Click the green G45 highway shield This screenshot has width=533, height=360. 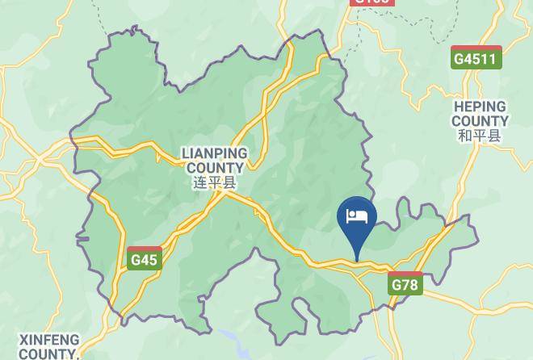145,258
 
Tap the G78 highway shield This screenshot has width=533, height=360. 405,283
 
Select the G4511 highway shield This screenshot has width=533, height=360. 476,58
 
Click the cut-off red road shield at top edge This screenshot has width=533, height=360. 372,2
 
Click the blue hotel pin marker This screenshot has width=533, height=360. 357,223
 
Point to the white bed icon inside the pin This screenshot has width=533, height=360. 357,216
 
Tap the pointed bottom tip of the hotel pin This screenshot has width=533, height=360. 357,260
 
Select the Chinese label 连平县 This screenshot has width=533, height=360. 215,182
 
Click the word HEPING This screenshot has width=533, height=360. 480,107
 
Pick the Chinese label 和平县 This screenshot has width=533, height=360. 480,136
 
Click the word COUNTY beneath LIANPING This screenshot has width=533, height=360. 215,168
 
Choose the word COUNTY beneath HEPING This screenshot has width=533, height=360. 480,121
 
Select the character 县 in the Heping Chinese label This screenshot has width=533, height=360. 494,136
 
